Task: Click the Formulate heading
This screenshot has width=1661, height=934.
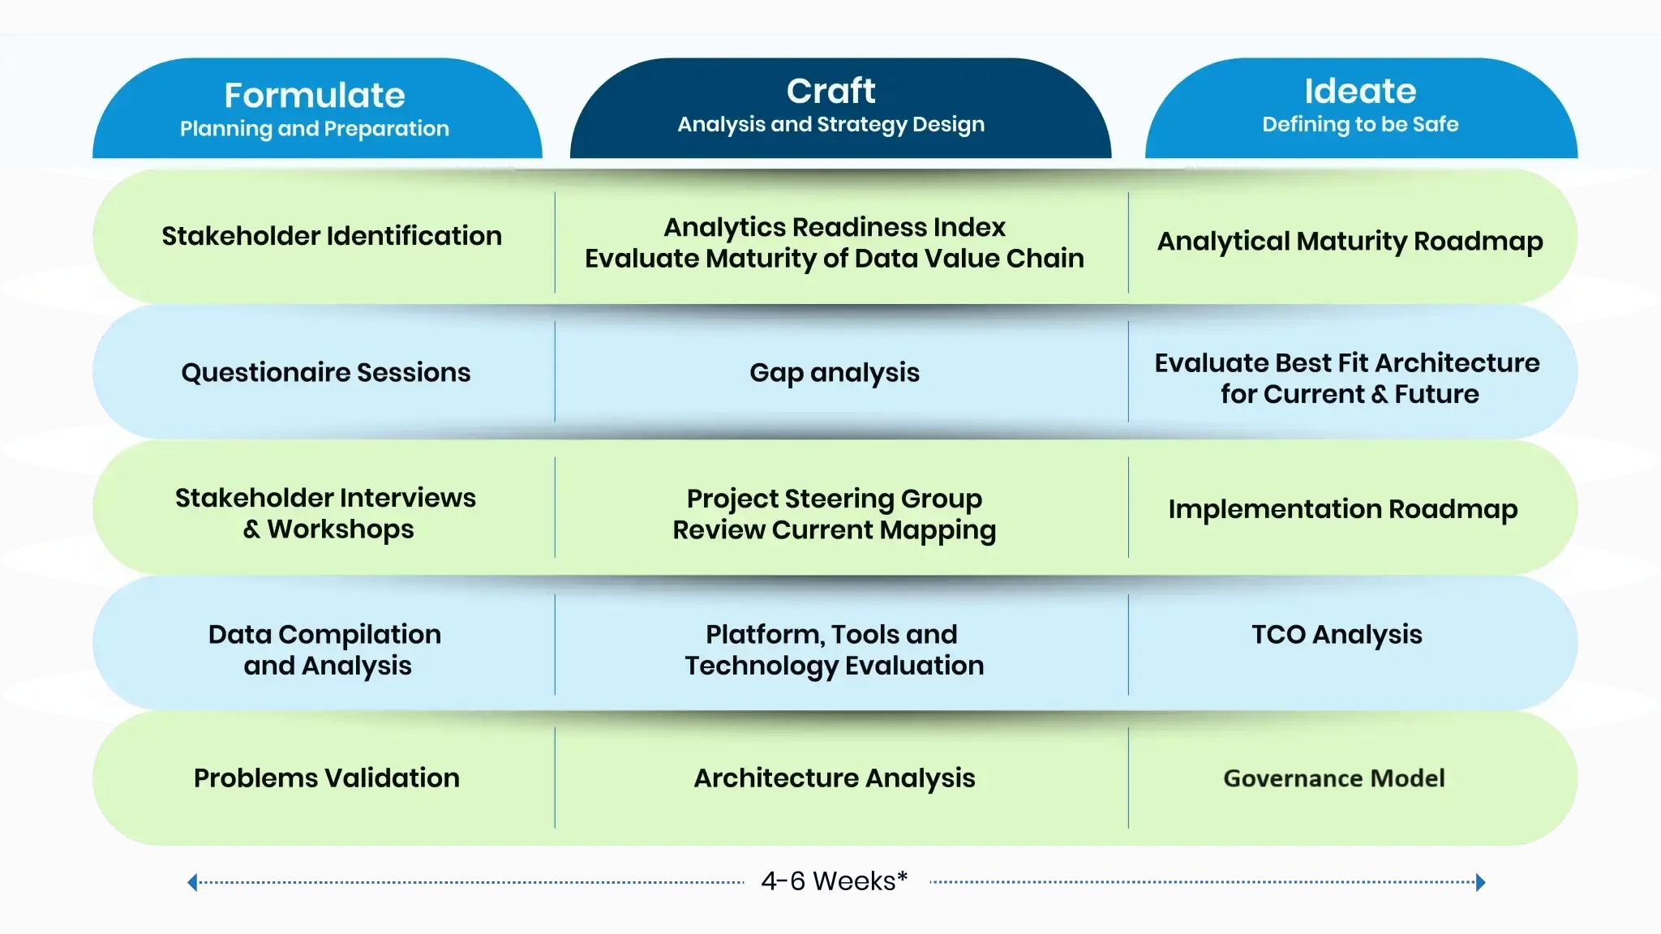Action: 315,96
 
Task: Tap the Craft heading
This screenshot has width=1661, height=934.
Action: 830,91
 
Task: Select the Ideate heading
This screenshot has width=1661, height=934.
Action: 1360,91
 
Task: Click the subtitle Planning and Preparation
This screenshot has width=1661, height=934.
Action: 315,129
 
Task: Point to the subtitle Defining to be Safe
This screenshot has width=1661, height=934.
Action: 1360,124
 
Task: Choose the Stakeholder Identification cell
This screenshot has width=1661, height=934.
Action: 332,236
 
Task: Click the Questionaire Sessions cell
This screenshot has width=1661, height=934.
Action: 326,372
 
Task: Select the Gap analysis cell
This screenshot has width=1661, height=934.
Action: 835,372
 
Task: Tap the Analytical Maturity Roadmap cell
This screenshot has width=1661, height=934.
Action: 1350,241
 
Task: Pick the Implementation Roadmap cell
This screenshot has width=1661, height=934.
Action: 1343,509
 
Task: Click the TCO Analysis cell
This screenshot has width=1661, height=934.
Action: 1337,634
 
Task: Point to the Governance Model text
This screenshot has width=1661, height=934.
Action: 1334,778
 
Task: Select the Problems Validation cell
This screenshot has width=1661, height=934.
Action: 327,778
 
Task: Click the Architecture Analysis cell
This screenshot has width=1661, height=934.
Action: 835,778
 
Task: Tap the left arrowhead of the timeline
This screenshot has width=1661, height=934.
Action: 192,882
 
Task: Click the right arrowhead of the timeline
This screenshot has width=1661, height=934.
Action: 1481,882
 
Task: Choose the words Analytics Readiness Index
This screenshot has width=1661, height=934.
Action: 835,227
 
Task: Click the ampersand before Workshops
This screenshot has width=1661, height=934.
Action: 252,529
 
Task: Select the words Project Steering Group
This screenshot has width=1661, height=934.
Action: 835,498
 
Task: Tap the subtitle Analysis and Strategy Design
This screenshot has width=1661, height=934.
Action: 830,124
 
